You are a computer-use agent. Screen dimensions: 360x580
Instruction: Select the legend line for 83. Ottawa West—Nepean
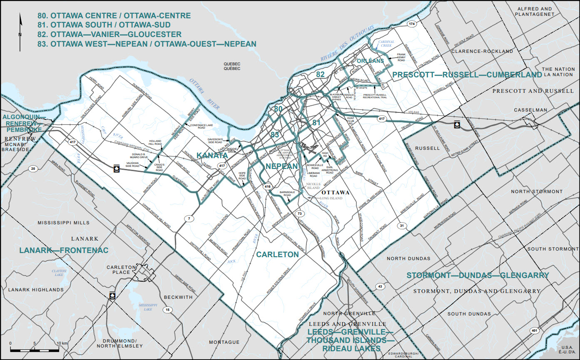pyautogui.click(x=146, y=43)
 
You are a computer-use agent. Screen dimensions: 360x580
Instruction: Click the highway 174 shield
pyautogui.click(x=412, y=24)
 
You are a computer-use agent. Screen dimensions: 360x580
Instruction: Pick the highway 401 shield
pyautogui.click(x=535, y=330)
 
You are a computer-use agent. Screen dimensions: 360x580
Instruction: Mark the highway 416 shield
pyautogui.click(x=267, y=187)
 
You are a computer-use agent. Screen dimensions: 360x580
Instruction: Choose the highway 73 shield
pyautogui.click(x=299, y=214)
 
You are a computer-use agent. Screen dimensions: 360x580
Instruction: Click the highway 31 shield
pyautogui.click(x=402, y=226)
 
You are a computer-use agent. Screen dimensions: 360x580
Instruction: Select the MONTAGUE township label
pyautogui.click(x=224, y=342)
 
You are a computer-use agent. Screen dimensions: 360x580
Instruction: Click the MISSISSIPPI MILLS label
pyautogui.click(x=63, y=223)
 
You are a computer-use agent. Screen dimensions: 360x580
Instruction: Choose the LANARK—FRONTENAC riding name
pyautogui.click(x=64, y=250)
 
